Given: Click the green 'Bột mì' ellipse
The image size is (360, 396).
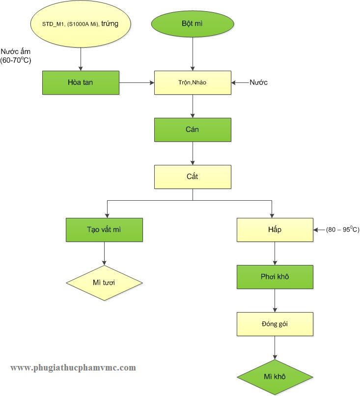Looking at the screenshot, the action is pos(193,24).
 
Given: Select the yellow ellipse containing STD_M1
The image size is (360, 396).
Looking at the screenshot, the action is pos(81,24).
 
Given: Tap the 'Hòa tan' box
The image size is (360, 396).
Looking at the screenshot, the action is pos(81,82).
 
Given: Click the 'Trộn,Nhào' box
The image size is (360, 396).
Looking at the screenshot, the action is pos(193,82).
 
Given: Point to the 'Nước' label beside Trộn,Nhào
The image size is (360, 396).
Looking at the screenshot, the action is pos(258,82).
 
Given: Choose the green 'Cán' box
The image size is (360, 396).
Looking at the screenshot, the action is pos(193,130).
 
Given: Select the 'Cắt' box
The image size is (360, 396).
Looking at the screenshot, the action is pos(193,177).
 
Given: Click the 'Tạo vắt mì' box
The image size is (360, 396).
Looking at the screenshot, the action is pos(104,230).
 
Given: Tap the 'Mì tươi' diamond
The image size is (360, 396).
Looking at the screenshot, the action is pos(104,283).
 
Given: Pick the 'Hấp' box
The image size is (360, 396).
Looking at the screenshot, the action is pos(275,230).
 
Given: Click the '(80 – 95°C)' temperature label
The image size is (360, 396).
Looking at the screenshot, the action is pos(342,229).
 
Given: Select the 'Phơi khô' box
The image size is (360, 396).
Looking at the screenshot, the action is pos(275,277).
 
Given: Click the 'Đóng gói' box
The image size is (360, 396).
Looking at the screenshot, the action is pos(275,324).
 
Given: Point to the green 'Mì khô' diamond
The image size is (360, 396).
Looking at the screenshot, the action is pos(275,377).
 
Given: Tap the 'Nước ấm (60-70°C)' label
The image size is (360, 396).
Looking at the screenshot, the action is pos(16,56).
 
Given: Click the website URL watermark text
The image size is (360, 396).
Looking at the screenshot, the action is pos(73,368).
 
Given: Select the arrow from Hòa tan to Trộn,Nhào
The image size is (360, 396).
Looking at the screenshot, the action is pos(137,82).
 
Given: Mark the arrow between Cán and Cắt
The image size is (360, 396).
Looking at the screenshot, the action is pos(193,153).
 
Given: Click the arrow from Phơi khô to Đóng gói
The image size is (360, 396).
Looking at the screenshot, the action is pos(275,300).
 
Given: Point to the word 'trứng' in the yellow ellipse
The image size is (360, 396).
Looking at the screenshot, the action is pos(110,24).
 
